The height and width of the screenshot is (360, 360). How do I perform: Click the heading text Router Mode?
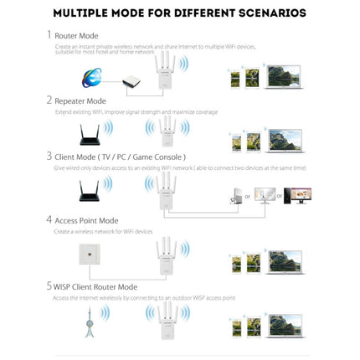(76, 37)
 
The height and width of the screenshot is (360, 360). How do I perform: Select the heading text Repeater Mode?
(82, 100)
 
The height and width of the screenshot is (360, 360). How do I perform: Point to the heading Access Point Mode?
(88, 221)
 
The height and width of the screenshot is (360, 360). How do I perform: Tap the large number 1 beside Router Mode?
(48, 36)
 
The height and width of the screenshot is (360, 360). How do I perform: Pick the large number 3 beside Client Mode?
(48, 157)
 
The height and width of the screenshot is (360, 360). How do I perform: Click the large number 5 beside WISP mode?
(48, 286)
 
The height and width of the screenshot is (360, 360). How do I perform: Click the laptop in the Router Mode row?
(285, 77)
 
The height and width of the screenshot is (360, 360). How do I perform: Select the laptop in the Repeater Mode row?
(285, 138)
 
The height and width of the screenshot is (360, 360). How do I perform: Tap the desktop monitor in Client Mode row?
(296, 195)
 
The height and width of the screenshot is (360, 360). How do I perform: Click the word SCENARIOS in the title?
(264, 13)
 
